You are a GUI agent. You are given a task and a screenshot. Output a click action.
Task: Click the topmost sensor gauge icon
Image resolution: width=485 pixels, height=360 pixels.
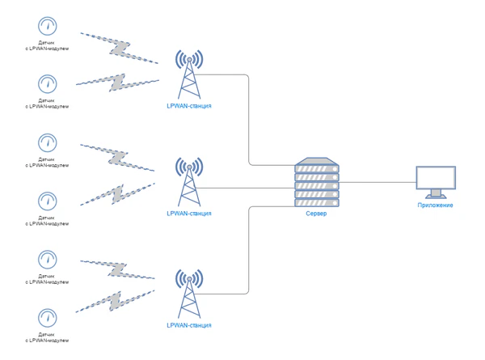pos(48,26)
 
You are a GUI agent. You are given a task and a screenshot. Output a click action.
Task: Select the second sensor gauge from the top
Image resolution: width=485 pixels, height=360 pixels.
pos(48,84)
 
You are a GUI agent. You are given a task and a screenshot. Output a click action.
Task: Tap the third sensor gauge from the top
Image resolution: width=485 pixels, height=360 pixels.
pos(48,142)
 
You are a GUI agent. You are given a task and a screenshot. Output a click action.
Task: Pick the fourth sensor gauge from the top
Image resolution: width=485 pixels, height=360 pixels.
pos(48,201)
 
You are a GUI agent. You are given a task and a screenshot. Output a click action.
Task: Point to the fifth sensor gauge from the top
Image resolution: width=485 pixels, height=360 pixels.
pos(48,259)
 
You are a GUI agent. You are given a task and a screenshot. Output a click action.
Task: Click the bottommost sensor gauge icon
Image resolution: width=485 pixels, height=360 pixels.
pos(48,316)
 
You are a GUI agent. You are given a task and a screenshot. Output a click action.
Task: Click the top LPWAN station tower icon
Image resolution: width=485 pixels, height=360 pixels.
pos(188,73)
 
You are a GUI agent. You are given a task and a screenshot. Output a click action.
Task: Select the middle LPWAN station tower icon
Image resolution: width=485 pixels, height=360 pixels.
pos(188,181)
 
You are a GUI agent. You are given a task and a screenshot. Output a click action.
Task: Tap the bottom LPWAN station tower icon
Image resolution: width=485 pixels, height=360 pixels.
pos(188,294)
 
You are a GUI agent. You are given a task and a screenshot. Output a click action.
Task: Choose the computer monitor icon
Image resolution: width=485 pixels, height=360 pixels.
pos(435,181)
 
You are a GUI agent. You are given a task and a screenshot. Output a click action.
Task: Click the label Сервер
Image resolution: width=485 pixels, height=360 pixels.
pos(316,214)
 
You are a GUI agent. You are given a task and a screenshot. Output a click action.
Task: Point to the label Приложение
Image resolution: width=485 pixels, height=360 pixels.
pos(435,205)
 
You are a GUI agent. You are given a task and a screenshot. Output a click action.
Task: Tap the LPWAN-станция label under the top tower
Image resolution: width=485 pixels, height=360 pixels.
pos(188,106)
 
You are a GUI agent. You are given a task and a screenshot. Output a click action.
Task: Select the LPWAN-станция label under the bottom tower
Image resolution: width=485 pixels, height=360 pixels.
pos(188,325)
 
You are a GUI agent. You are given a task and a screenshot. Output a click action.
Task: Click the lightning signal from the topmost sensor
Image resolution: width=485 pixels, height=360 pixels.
pos(119,47)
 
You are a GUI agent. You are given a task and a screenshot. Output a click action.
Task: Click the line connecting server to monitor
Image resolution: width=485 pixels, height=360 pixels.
pos(376,184)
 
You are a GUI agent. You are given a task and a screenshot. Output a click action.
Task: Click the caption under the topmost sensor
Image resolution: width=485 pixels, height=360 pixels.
pos(48,46)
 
